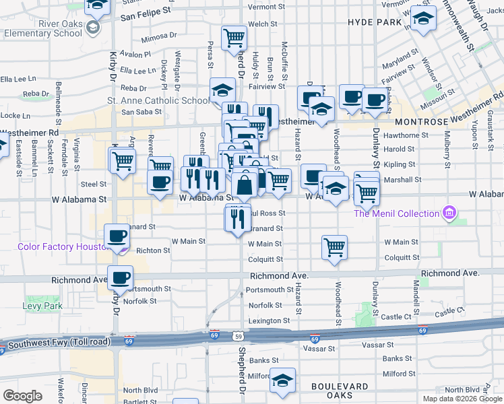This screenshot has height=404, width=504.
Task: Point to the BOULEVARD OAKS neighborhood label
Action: point(340,391)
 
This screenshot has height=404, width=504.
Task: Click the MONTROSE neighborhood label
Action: point(426,121)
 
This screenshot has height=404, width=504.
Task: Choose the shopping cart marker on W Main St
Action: point(334,247)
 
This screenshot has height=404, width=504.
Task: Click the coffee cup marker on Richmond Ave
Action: point(121,277)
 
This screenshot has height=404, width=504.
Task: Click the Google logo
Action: point(23,395)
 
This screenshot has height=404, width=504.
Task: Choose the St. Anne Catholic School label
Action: point(158,101)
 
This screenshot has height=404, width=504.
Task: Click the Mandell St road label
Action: point(416,294)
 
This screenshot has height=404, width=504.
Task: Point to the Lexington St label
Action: point(264,321)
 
